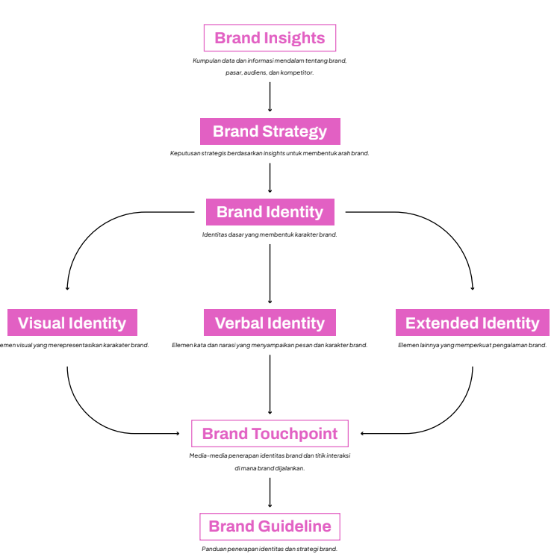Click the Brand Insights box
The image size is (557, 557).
point(270,38)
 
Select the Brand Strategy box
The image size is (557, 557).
point(270,131)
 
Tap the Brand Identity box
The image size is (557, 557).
point(270,212)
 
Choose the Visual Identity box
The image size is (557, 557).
point(72,323)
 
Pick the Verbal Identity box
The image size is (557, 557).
point(270,323)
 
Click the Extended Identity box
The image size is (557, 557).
point(472,323)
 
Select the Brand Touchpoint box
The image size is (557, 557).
point(270,434)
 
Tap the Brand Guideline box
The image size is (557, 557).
point(270,526)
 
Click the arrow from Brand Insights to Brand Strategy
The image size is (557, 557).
point(270,96)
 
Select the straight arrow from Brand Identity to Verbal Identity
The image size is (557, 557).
point(270,273)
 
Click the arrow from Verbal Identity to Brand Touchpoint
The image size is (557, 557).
point(270,384)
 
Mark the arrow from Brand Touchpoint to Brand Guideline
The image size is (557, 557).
point(270,493)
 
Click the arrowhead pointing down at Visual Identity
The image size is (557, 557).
point(67,287)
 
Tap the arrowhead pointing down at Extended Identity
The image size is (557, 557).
point(473,287)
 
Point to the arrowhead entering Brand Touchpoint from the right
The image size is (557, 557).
point(363,433)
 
